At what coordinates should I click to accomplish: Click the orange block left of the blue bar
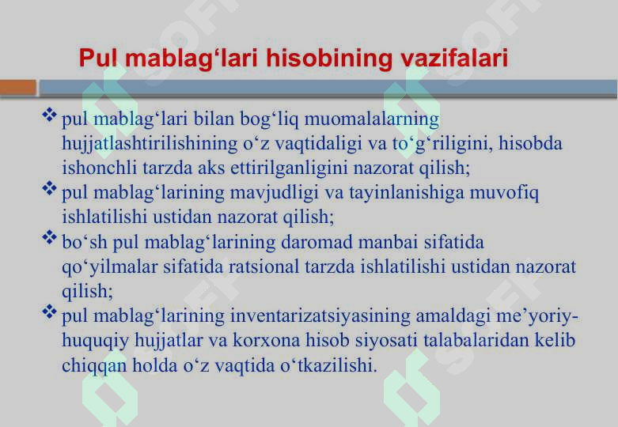pyautogui.click(x=18, y=88)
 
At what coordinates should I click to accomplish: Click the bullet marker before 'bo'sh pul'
pyautogui.click(x=50, y=237)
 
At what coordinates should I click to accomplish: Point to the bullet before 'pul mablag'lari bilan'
pyautogui.click(x=50, y=115)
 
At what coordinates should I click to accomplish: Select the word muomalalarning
pyautogui.click(x=372, y=119)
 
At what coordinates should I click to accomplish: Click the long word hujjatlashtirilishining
pyautogui.click(x=150, y=144)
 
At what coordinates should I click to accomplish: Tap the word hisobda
pyautogui.click(x=530, y=143)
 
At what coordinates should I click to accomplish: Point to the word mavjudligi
pyautogui.click(x=275, y=193)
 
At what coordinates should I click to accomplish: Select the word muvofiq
pyautogui.click(x=504, y=193)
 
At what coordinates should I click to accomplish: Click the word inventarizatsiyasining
pyautogui.click(x=320, y=316)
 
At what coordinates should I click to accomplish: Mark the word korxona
pyautogui.click(x=267, y=340)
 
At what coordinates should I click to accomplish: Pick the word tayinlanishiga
pyautogui.click(x=407, y=193)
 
